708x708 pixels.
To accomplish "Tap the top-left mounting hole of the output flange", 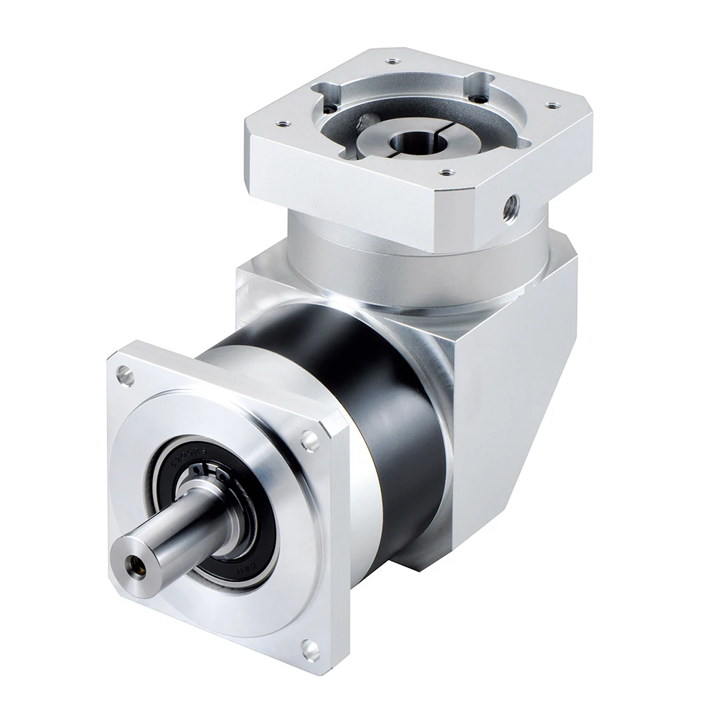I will (x=125, y=375).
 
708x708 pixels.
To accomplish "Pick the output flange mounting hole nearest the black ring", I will (x=309, y=440).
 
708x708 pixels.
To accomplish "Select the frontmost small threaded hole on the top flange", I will (x=445, y=171).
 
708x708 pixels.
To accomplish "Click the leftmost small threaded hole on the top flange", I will (x=285, y=122).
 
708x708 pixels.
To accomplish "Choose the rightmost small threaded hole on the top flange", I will (x=551, y=106).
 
